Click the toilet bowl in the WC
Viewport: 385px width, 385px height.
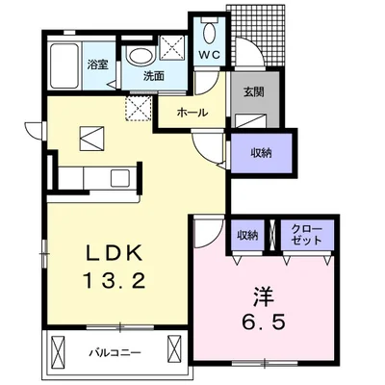(209, 33)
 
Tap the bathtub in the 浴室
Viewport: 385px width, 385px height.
(65, 66)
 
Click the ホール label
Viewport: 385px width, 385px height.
(192, 113)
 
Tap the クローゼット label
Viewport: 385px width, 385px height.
(306, 234)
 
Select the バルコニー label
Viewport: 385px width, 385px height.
(115, 353)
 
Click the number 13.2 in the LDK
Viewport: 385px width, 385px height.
(115, 281)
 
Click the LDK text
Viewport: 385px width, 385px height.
(114, 252)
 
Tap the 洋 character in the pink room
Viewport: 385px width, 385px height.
(264, 296)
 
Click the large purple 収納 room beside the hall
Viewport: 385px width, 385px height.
(261, 153)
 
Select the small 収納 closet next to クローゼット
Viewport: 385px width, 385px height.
(247, 236)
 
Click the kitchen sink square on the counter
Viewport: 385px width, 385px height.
(120, 178)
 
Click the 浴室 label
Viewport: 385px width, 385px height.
(98, 64)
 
